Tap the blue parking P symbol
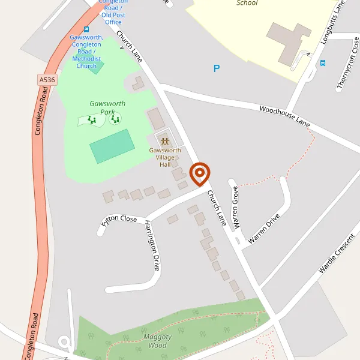point(217,68)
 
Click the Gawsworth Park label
point(107,107)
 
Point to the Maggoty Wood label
point(157,341)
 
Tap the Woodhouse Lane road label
point(284,115)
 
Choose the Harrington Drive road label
point(152,245)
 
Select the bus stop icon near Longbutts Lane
point(323,62)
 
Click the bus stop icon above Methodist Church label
point(86,29)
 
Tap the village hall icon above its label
point(165,142)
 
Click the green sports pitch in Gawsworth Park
point(112,146)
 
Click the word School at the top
point(247,3)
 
